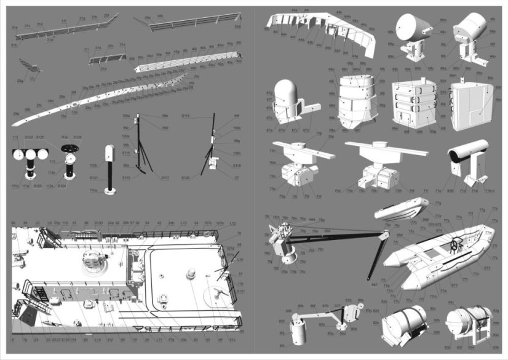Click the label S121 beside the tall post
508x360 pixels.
point(94,178)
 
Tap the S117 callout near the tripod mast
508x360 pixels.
point(165,178)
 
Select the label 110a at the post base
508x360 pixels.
point(94,191)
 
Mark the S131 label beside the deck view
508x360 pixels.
point(240,290)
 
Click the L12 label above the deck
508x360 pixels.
point(232,223)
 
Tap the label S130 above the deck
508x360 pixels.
point(98,223)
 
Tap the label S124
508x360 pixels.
point(62,185)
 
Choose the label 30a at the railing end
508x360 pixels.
point(237,26)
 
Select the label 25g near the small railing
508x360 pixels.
point(20,81)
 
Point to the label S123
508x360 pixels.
point(38,185)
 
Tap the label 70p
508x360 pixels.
point(319,134)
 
